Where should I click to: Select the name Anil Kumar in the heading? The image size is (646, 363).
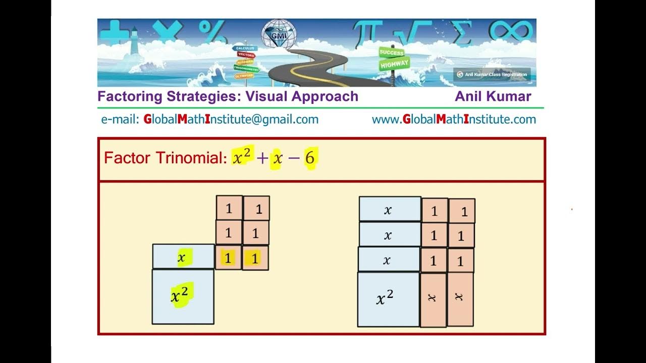[x=493, y=96]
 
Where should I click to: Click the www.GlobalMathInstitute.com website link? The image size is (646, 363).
[x=454, y=119]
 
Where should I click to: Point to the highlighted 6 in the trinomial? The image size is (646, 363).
[x=309, y=158]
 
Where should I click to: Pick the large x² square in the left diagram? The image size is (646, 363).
[x=183, y=296]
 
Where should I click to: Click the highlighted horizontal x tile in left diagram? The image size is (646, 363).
[x=183, y=257]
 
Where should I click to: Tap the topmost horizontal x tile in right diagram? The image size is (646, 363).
[x=390, y=209]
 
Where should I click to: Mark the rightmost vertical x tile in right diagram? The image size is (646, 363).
[x=460, y=298]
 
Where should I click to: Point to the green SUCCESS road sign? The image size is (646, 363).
[x=392, y=53]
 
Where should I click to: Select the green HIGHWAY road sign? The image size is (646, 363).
[x=394, y=65]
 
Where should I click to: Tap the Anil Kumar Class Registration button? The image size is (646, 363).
[x=492, y=75]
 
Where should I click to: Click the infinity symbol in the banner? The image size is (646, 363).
[x=510, y=32]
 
